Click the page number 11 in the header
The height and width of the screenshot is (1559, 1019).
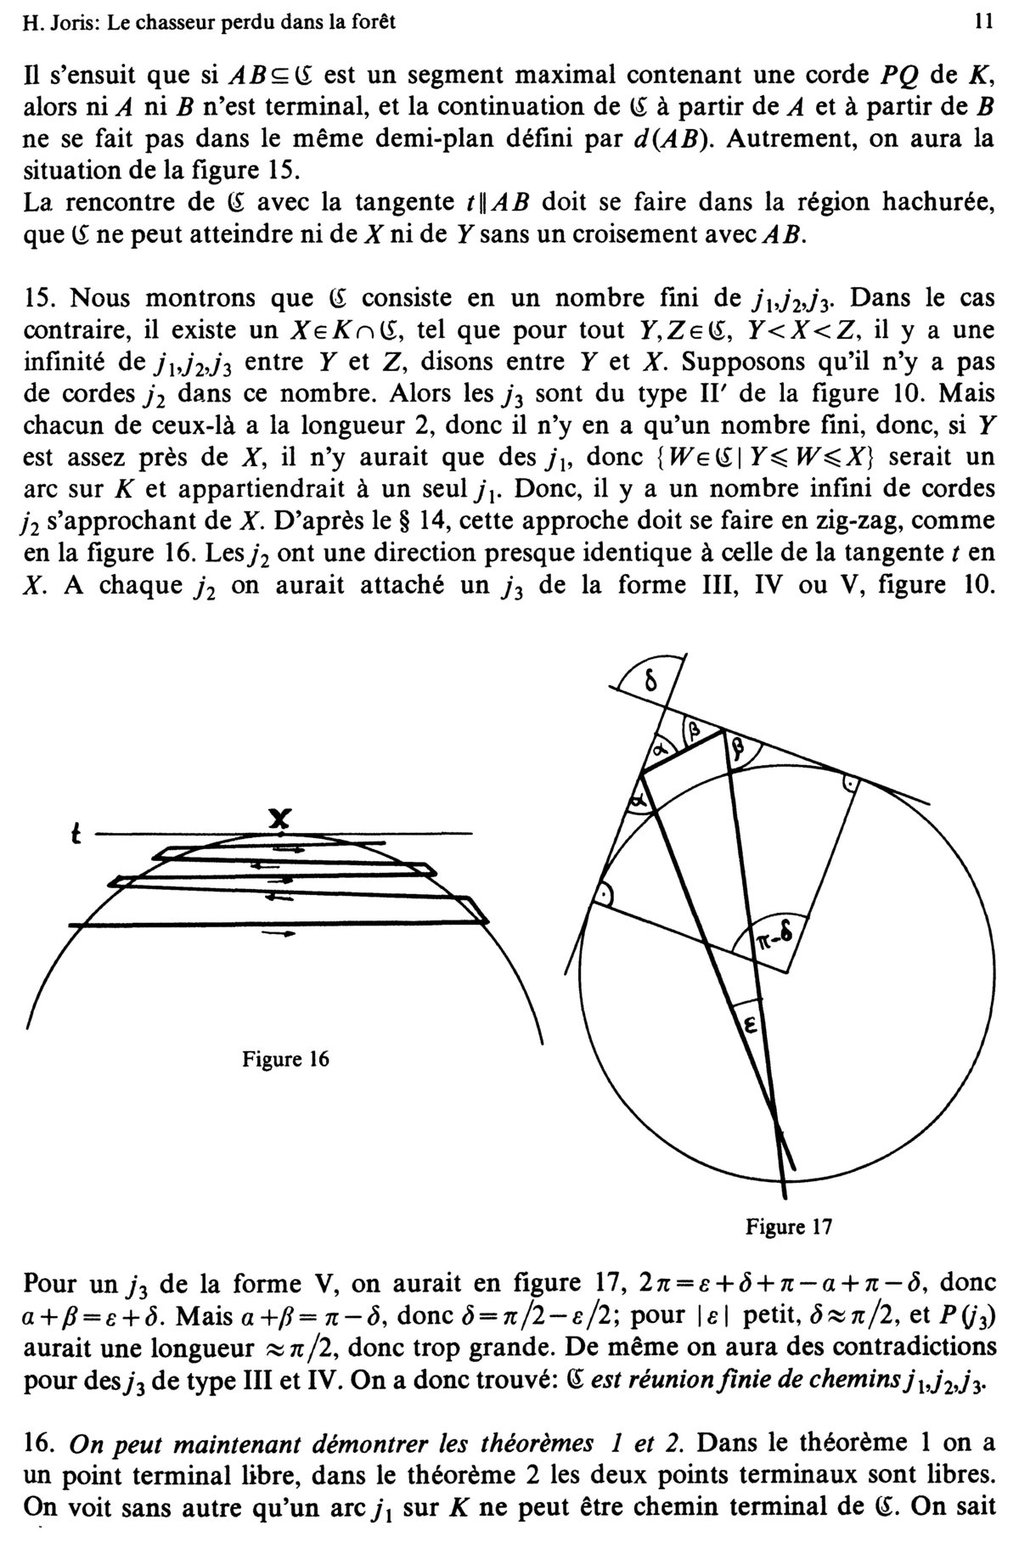coord(984,24)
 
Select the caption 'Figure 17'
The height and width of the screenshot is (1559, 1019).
coord(789,1226)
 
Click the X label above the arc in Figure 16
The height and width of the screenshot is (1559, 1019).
coord(280,818)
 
